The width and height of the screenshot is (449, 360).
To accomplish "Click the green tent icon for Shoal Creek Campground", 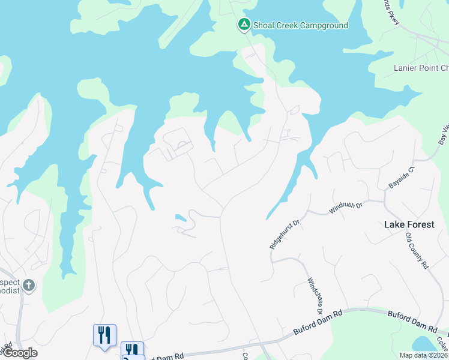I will coord(244,25).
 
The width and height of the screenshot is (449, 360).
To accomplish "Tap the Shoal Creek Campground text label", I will coord(300,25).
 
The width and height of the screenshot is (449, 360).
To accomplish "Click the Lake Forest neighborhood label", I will coord(408,224).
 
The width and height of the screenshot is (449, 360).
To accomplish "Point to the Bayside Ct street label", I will coord(402,175).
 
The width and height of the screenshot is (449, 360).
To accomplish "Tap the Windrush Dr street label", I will coord(346,208).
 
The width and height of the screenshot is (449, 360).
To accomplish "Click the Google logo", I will coord(20,353).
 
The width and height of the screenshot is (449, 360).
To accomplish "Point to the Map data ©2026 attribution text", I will coord(423,355).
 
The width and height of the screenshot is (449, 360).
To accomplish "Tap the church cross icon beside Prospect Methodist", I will coord(29,284).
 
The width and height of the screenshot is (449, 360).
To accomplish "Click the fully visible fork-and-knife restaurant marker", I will coord(104,335).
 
